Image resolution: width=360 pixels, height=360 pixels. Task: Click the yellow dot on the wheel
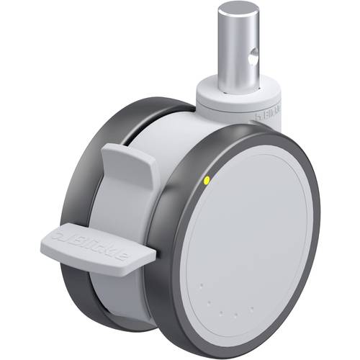coord(207,181)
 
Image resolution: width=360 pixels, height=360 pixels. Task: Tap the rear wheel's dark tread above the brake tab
coord(108,130)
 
